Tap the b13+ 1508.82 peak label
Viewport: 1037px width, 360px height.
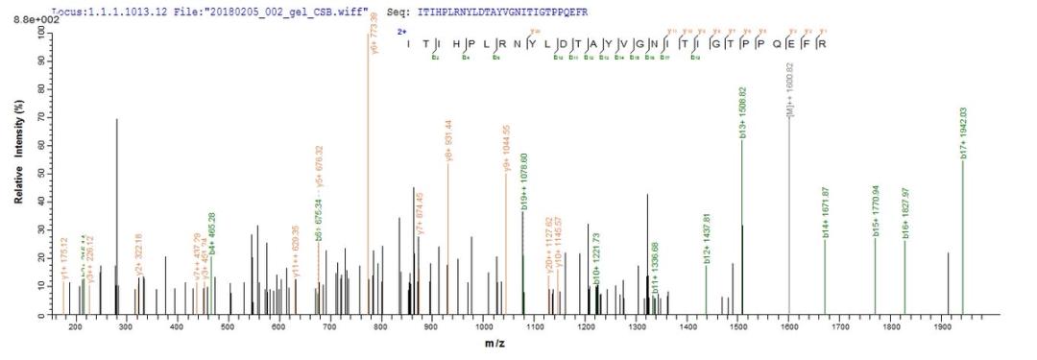pyautogui.click(x=743, y=111)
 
